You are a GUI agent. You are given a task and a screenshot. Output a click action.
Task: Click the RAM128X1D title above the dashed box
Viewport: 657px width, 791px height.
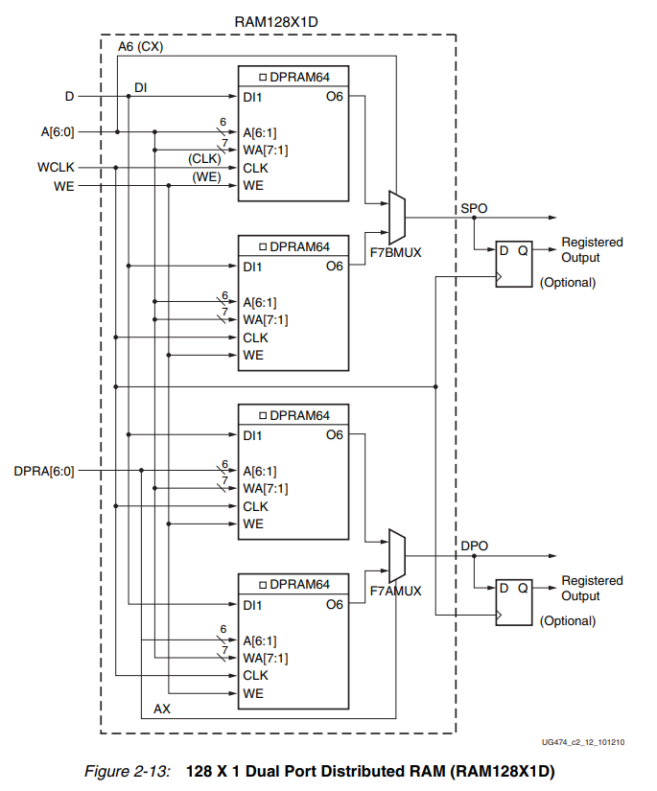(x=277, y=20)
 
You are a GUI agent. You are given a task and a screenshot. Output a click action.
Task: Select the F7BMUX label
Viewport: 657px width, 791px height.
(x=396, y=253)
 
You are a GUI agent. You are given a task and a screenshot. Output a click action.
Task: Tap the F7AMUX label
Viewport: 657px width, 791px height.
(x=396, y=592)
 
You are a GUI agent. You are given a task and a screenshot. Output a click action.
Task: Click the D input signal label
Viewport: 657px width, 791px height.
(x=69, y=97)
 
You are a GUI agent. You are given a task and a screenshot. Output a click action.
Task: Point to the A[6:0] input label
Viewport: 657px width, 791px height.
(x=54, y=132)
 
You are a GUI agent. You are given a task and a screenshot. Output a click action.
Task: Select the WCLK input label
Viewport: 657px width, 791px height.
(x=56, y=168)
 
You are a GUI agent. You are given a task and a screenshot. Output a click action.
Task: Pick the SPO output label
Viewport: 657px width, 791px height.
(x=473, y=208)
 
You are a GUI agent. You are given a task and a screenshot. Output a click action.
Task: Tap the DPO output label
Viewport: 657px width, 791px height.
(x=474, y=546)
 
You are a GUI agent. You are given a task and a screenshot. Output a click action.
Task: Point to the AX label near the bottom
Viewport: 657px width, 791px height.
(x=162, y=710)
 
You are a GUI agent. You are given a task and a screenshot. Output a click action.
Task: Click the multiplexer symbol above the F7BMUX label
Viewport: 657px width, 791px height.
(x=396, y=217)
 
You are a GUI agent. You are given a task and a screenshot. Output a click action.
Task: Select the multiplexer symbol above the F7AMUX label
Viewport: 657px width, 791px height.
(x=396, y=554)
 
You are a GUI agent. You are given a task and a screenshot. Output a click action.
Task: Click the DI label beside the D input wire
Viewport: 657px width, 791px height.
(x=140, y=87)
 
